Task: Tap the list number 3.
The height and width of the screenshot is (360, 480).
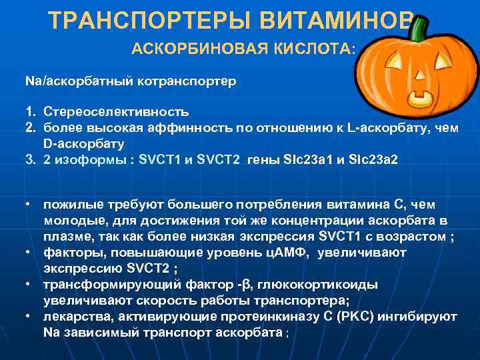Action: [x=31, y=160]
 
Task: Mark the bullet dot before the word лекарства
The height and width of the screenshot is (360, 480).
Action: [x=30, y=315]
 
